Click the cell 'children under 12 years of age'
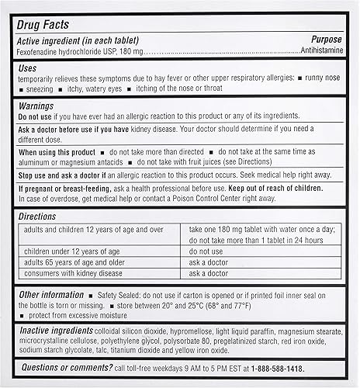[x=71, y=251]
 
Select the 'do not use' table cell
[x=206, y=251]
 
